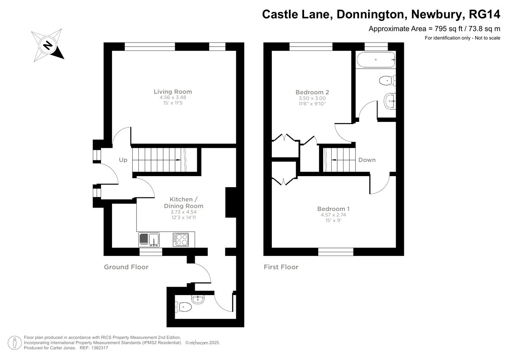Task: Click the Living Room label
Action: (173, 92)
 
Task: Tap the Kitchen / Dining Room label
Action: (184, 202)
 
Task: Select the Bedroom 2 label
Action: (312, 92)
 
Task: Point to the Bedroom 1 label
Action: (333, 209)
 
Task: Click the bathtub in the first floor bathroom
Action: (376, 60)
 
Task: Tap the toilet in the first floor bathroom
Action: (387, 81)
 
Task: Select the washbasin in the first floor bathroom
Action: (390, 101)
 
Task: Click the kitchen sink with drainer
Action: (149, 239)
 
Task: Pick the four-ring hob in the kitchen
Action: (181, 239)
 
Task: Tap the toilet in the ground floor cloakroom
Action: (183, 307)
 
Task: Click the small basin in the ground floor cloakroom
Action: (198, 299)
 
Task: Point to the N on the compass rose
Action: (48, 45)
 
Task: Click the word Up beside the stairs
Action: (123, 160)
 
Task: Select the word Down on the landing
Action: (367, 160)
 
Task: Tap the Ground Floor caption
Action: (126, 267)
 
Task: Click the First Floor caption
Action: (281, 267)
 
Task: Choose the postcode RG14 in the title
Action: (484, 14)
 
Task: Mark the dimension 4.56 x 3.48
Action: (173, 97)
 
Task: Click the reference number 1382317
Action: (99, 348)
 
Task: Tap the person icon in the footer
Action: (14, 343)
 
